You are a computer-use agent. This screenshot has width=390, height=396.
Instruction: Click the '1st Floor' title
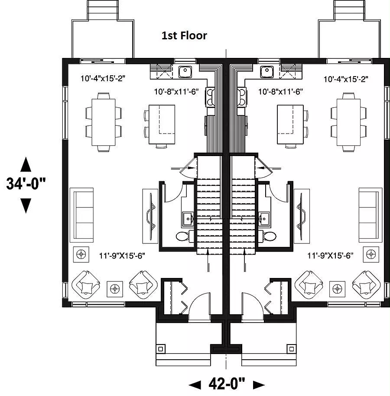pos(184,35)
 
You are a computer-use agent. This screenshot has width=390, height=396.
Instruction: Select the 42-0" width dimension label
pos(227,383)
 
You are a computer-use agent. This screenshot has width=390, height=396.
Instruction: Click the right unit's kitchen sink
pos(266,70)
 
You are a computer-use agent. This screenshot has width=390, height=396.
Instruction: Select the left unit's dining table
pos(104,122)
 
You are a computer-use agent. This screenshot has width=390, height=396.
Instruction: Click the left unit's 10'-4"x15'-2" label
pos(103,79)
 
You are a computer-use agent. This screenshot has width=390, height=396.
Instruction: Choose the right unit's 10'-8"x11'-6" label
pos(280,92)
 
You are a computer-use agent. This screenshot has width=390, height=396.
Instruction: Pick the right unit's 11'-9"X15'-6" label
pos(331,256)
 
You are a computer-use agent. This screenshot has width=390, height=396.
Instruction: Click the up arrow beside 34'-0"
pos(26,165)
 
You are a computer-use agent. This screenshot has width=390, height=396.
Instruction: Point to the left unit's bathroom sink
pos(187,217)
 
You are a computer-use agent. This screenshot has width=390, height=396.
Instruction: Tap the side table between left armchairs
pos(115,287)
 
